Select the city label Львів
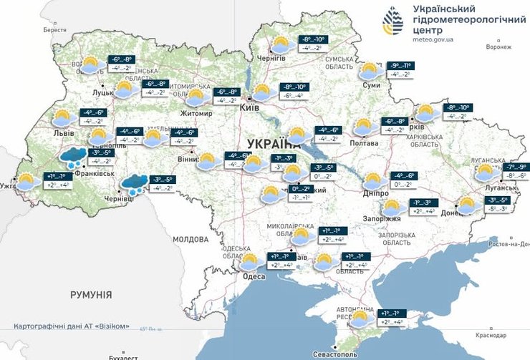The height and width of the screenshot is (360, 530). point(54,133)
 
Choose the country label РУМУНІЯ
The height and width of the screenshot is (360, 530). point(91,294)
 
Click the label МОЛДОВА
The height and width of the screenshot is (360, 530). point(190,238)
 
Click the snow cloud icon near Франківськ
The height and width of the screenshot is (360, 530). point(72,157)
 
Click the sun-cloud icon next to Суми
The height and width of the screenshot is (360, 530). point(370,71)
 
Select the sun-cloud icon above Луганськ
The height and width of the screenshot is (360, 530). point(487,172)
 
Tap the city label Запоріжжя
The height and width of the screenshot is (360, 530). point(386,219)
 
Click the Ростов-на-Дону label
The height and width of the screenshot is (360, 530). point(506,244)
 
